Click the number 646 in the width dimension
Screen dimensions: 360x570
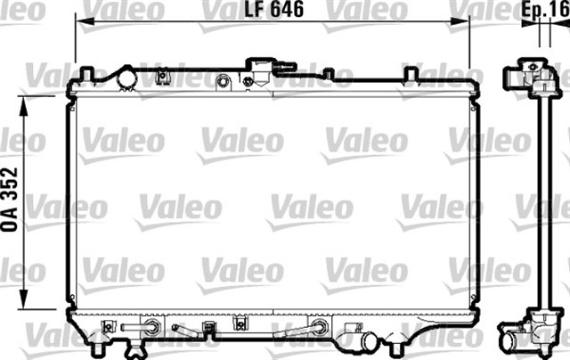point(284,12)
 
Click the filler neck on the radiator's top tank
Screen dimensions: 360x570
point(261,70)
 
